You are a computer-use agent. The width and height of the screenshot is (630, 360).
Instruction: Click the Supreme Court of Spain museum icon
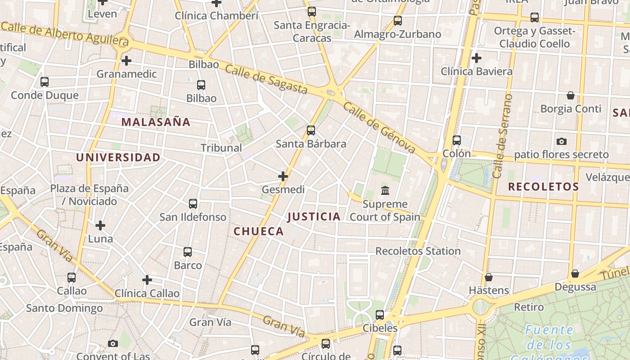[x=385, y=191]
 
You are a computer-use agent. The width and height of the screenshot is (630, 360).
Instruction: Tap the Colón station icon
[x=457, y=140]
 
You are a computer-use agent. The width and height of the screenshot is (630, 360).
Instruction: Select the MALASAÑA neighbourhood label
[x=156, y=122]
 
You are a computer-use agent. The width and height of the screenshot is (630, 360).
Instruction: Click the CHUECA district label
[x=259, y=231]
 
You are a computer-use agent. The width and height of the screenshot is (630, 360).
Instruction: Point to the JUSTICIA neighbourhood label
[x=314, y=217]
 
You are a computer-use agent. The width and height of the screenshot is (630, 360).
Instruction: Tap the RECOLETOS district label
[x=543, y=187]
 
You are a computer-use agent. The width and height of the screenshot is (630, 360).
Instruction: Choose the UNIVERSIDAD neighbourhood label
[x=118, y=157]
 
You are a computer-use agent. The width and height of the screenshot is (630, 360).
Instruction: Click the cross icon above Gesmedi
[x=283, y=176]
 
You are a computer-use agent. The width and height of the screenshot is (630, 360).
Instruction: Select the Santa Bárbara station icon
[x=311, y=131]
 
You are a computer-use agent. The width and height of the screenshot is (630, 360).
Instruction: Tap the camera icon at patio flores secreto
[x=561, y=142]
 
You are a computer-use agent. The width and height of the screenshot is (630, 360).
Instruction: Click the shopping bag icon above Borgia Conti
[x=571, y=95]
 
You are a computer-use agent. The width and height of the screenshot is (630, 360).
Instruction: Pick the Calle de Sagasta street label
[x=266, y=79]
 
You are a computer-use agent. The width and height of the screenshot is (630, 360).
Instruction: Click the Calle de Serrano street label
[x=503, y=136]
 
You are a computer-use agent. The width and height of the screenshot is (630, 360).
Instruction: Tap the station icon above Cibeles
[x=380, y=315]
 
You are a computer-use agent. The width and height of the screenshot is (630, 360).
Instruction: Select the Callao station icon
[x=72, y=278]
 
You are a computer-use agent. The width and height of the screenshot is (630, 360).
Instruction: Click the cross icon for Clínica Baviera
[x=477, y=58]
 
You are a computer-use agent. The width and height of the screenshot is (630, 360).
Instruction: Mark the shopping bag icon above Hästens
[x=489, y=277]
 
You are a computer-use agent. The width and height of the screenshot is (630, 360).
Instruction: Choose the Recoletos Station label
[x=418, y=251]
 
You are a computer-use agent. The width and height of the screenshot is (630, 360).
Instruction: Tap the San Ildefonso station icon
[x=193, y=204]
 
